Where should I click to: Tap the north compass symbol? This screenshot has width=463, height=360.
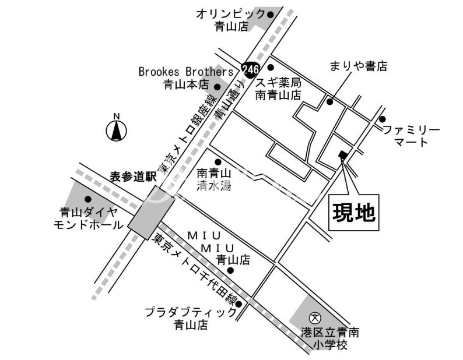click(x=117, y=130)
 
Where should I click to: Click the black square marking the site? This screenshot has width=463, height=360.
click(x=342, y=155)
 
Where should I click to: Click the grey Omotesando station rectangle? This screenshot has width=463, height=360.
click(x=148, y=212)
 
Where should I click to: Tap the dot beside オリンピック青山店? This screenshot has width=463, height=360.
click(x=269, y=13)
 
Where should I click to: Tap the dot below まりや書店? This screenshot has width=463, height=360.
click(x=329, y=102)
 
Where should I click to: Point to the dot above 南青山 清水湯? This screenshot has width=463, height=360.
click(x=218, y=162)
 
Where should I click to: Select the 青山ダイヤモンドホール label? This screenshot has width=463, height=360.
click(x=88, y=218)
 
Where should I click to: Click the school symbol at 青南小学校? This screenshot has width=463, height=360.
click(x=315, y=318)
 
